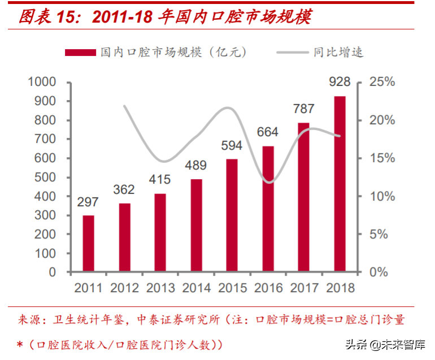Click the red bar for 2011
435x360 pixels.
click(88, 244)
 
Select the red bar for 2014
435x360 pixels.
click(196, 225)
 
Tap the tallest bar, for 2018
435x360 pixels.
click(340, 184)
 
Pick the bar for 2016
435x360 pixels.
click(268, 209)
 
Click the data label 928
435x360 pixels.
click(340, 82)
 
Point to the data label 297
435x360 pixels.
click(88, 202)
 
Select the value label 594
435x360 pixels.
click(232, 146)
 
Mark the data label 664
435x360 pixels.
click(268, 132)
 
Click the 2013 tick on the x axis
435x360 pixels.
click(160, 288)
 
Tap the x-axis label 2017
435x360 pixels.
click(304, 288)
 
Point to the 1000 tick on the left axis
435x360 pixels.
click(42, 82)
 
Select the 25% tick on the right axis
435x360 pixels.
click(382, 82)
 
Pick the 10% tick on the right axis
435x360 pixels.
click(382, 196)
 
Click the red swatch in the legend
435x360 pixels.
click(80, 53)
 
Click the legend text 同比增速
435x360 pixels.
click(338, 53)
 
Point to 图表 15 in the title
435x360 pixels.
click(51, 18)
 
